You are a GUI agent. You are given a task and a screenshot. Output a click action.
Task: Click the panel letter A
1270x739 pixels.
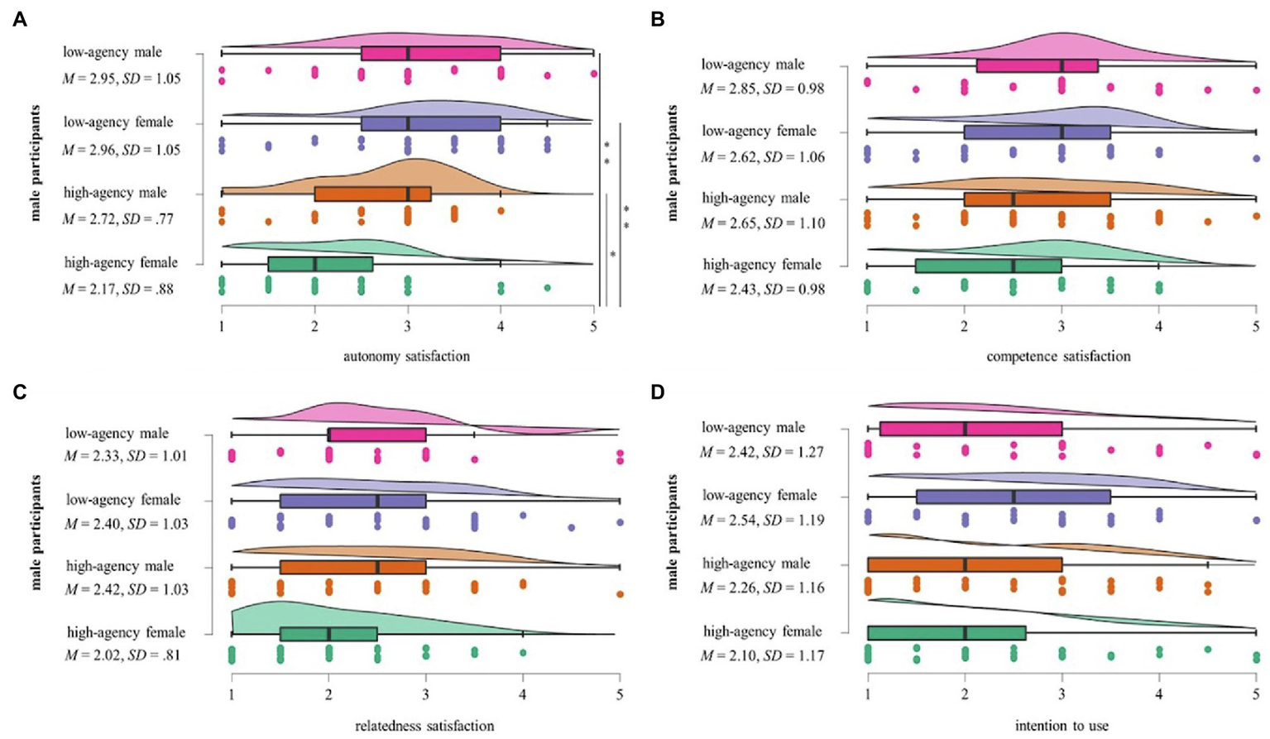click(x=20, y=19)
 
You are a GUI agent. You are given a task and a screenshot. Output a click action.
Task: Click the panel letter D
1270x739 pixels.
click(x=658, y=391)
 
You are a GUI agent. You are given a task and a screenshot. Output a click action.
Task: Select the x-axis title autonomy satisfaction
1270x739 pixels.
click(x=406, y=357)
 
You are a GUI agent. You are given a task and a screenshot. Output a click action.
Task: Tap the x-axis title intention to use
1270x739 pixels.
click(x=1062, y=726)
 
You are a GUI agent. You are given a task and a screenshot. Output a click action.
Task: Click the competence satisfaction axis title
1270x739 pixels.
click(x=1058, y=357)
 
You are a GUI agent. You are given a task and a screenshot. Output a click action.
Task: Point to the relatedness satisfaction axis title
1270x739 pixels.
click(x=424, y=726)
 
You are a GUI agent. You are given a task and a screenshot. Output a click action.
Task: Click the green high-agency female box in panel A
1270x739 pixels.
click(x=320, y=264)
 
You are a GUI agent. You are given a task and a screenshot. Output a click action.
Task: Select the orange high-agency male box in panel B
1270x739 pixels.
click(x=1037, y=199)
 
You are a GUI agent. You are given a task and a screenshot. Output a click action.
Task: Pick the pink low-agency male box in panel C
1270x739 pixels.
click(x=377, y=434)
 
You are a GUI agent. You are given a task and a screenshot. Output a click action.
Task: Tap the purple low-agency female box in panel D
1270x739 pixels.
click(x=1013, y=497)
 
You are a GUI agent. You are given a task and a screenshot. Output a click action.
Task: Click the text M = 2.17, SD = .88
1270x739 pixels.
click(x=118, y=289)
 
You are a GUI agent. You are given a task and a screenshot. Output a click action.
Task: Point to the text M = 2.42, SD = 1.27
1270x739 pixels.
click(x=761, y=452)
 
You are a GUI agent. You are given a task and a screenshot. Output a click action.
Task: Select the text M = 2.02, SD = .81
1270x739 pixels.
click(x=122, y=655)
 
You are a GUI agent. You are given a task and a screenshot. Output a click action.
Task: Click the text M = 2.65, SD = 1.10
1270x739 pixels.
click(x=762, y=223)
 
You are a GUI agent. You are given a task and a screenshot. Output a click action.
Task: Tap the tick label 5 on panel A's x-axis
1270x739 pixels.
click(x=593, y=328)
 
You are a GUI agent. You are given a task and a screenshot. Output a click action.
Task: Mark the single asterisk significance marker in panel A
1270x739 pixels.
click(x=612, y=255)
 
